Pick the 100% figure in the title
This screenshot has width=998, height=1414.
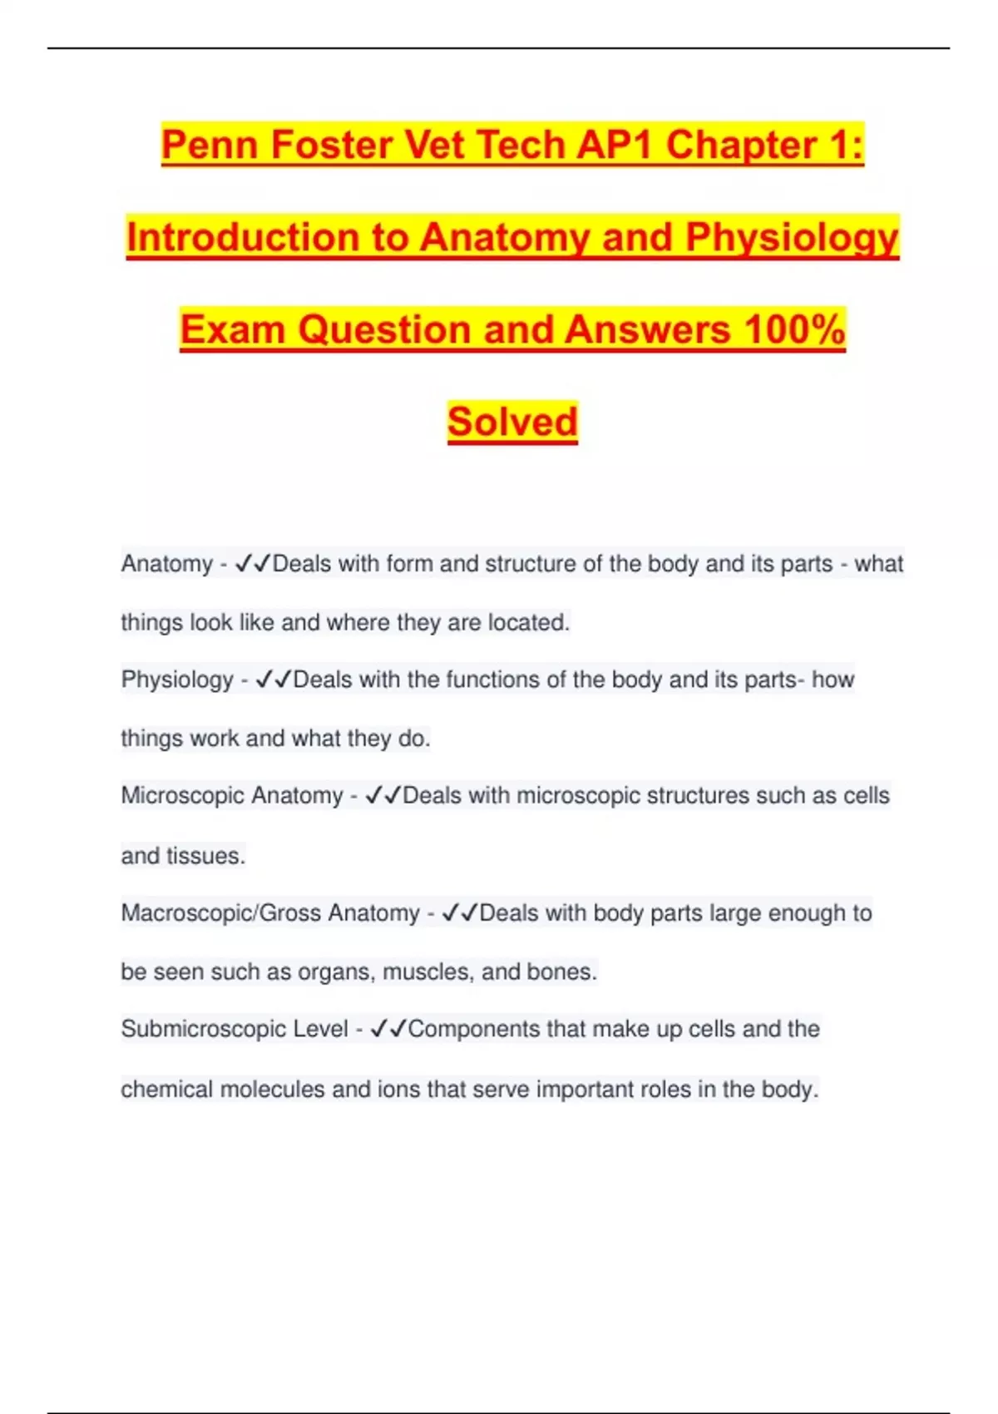[x=794, y=330]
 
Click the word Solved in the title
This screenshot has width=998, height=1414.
[x=512, y=423]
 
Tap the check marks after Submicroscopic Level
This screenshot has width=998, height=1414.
[x=388, y=1030]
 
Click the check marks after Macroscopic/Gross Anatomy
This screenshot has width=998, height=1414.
[x=459, y=913]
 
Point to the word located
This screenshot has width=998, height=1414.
[x=528, y=622]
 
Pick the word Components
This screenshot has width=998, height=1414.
[x=474, y=1030]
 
